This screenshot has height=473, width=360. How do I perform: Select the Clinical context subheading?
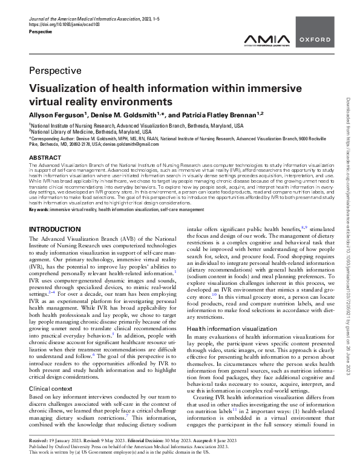point(54,371)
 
